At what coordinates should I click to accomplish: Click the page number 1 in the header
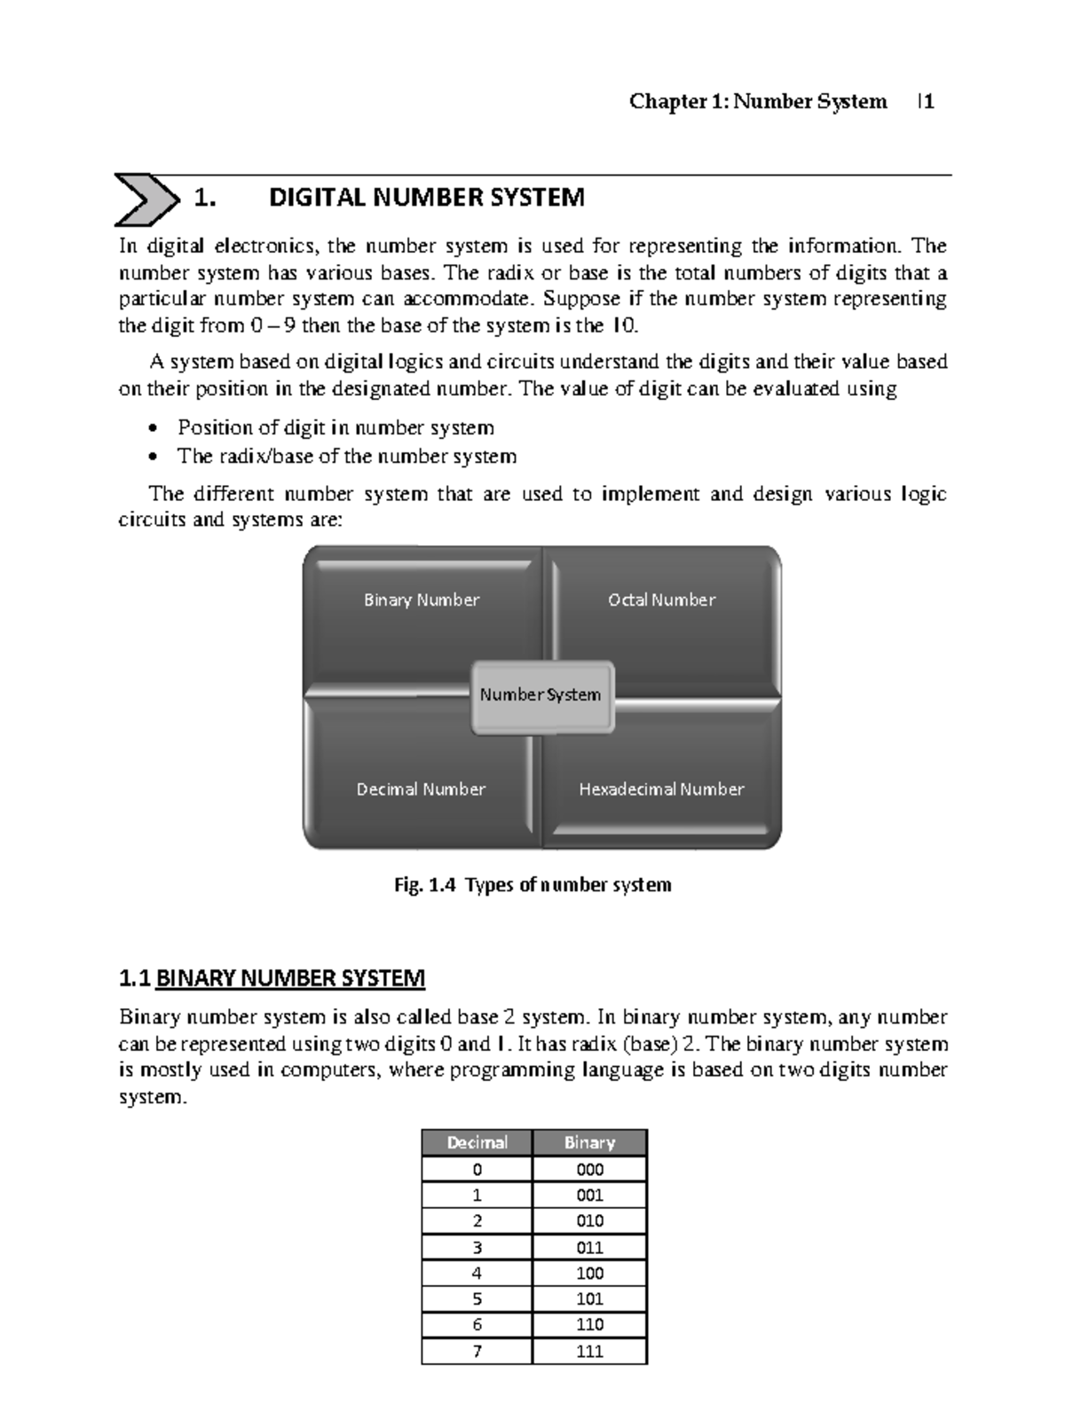click(x=928, y=102)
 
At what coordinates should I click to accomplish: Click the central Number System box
click(x=540, y=695)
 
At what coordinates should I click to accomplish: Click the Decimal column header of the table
click(x=477, y=1142)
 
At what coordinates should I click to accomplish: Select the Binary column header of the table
click(x=589, y=1142)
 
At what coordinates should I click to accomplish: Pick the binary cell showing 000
click(x=589, y=1169)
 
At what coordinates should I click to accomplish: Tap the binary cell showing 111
click(x=589, y=1351)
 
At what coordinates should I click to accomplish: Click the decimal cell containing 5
click(x=477, y=1299)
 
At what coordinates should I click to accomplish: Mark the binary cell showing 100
click(x=589, y=1273)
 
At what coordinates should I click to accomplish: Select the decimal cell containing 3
click(x=477, y=1247)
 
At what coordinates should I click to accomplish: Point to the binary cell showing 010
click(x=589, y=1220)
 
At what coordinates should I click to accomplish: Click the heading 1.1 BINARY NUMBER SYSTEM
click(x=272, y=978)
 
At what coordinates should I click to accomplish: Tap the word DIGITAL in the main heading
click(x=317, y=197)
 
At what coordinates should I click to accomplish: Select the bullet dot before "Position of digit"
click(x=154, y=429)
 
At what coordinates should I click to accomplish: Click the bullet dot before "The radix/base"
click(x=154, y=458)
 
